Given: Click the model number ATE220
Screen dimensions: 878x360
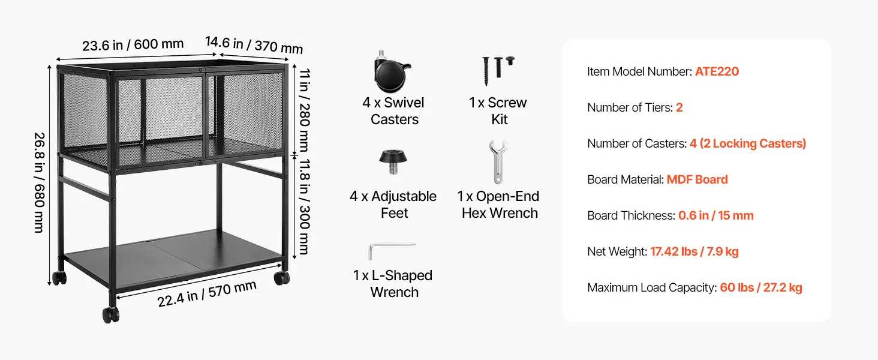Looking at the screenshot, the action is coord(717,71).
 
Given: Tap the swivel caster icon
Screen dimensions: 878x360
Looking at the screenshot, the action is coord(392,72).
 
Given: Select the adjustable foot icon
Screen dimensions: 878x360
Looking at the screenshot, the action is coord(393,161).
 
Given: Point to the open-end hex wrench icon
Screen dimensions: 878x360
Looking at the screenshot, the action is coord(498,161).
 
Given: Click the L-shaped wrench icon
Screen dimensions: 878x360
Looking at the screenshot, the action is coord(392,251).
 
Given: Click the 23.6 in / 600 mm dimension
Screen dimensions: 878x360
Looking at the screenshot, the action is coord(133,45).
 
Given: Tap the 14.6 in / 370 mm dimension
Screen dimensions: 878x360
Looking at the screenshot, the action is coord(254,45).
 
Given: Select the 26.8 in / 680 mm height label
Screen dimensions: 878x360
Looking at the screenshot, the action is coord(40,183).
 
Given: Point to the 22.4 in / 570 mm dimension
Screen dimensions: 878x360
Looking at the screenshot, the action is coord(207,294).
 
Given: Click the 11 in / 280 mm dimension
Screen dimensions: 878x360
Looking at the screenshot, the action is coord(305,110).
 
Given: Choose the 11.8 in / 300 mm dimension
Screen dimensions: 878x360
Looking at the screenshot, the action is coord(305,206).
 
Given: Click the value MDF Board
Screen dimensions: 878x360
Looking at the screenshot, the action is coord(697,179).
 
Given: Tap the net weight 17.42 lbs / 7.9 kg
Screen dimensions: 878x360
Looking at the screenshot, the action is coord(694,251).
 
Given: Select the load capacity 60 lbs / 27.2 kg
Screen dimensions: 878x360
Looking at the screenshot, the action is coord(761,287).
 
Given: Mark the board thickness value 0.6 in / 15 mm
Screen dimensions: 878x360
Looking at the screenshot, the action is coord(716,215).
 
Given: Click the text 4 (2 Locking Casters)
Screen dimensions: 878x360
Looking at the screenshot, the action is coord(748,143).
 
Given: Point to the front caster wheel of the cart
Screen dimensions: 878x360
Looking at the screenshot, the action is coord(111,314).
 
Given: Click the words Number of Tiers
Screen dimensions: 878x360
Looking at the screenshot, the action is coord(629,107).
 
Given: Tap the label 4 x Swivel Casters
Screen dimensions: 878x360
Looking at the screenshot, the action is coord(393,111).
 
